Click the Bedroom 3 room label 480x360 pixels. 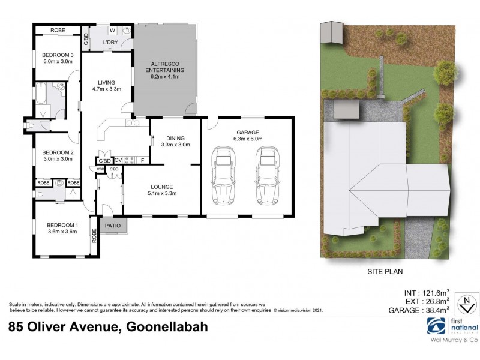coord(57,58)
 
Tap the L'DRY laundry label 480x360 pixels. coord(110,42)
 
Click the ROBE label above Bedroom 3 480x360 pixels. coord(57,30)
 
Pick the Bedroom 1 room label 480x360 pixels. coord(62,228)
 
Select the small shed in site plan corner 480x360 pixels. coord(330,31)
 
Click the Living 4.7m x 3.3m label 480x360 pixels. coord(107,86)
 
